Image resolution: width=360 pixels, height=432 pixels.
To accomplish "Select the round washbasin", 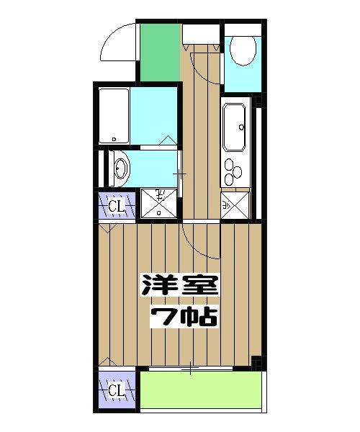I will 121,169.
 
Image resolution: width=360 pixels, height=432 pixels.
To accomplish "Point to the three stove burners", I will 235,173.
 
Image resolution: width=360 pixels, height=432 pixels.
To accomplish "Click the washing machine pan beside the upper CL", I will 157,202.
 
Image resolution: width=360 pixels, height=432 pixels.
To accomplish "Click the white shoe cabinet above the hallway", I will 199,33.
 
